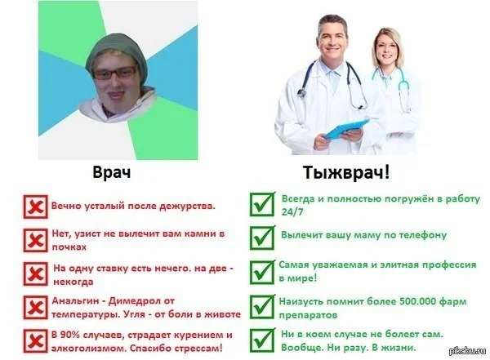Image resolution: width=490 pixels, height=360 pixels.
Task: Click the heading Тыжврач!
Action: point(348,174)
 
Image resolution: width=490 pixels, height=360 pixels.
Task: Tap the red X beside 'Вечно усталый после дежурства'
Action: point(36,207)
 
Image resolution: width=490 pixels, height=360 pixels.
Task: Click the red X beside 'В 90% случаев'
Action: point(36,340)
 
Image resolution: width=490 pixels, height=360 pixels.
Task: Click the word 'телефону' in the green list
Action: point(423,236)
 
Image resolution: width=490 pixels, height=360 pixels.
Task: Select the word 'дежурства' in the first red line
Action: point(185,207)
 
